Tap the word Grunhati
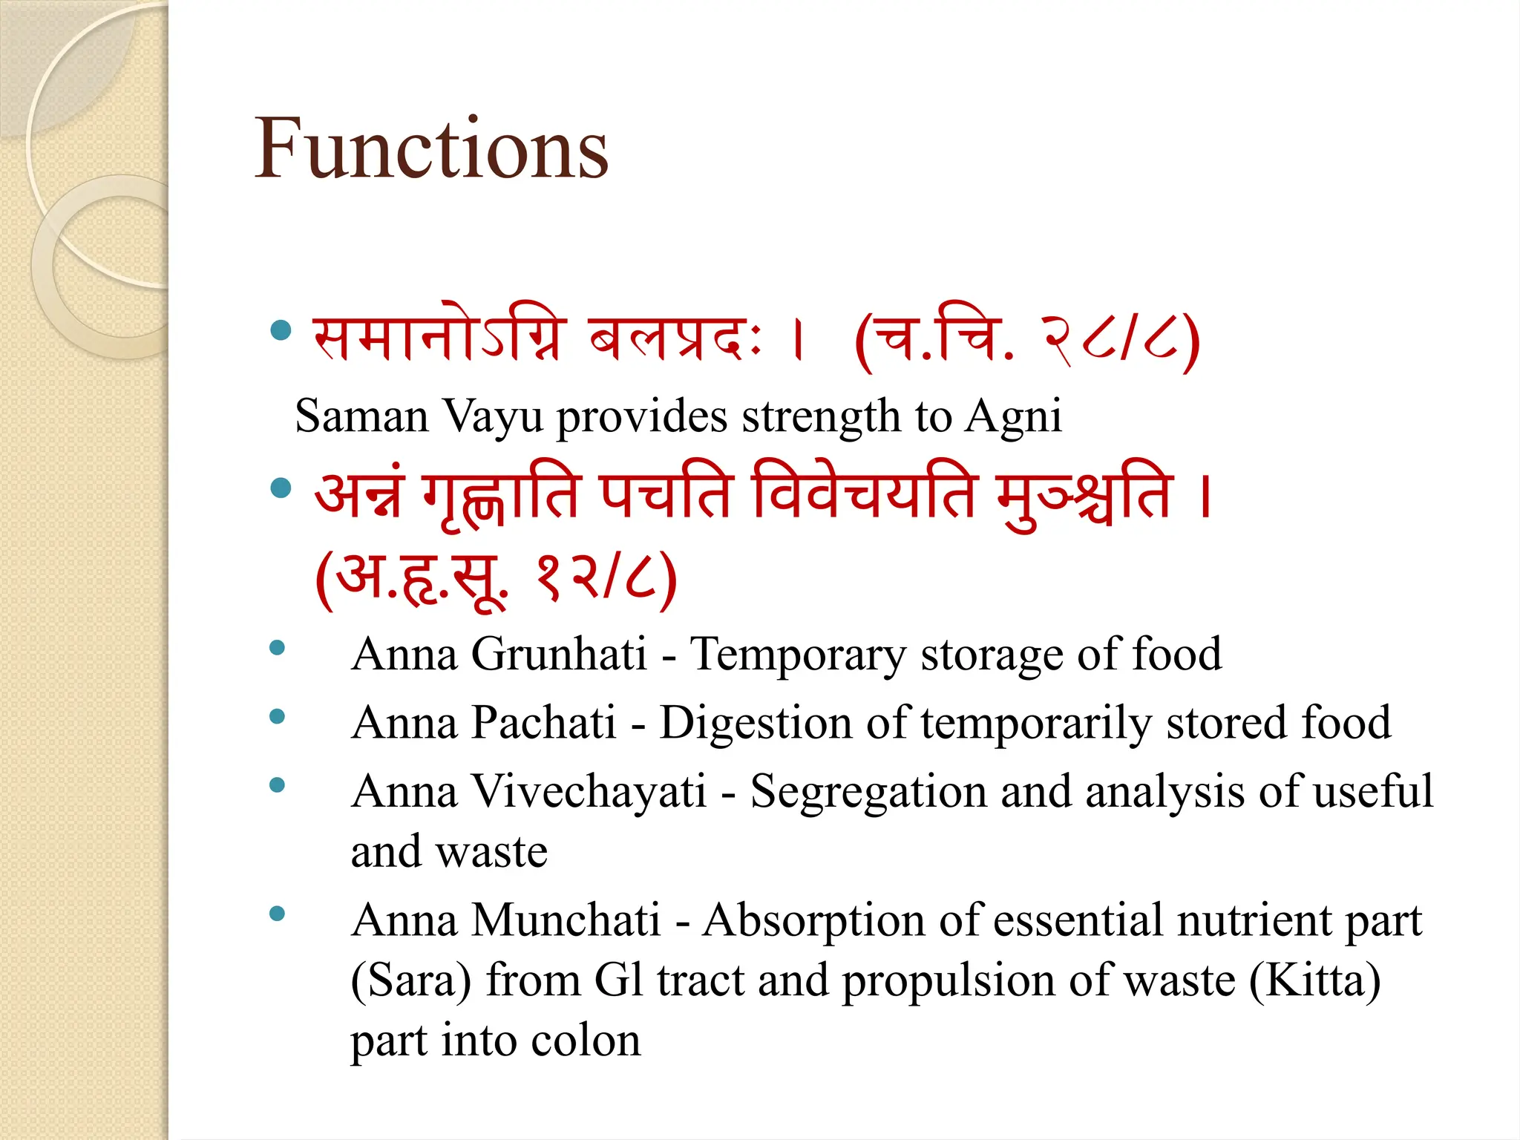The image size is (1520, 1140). [559, 655]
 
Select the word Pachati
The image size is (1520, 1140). [544, 723]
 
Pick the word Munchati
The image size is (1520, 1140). [566, 920]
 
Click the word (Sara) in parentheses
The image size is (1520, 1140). [410, 981]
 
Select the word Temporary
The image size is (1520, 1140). [798, 655]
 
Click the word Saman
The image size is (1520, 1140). [361, 416]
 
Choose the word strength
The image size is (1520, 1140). [821, 417]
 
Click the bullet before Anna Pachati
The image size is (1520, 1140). [278, 717]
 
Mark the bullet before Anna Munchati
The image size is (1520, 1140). [278, 914]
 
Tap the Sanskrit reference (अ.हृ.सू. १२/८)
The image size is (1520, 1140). [496, 579]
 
